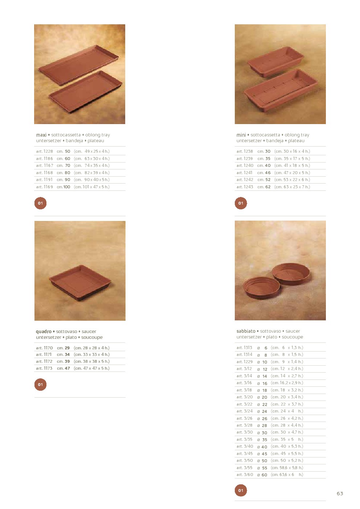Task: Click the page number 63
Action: point(340,493)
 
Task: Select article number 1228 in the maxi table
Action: point(45,151)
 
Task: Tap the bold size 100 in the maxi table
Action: point(66,187)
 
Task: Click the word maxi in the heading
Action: point(41,135)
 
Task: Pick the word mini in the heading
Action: point(241,135)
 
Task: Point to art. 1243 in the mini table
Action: point(245,187)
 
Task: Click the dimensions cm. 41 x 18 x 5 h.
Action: point(292,165)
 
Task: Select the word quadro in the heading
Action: point(44,332)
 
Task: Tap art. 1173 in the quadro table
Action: point(44,368)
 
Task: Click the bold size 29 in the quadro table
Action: point(67,348)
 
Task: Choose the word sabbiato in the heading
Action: point(246,331)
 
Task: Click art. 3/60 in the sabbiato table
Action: point(245,475)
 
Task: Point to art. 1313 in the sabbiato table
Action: point(244,348)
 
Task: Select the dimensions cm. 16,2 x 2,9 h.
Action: point(287,383)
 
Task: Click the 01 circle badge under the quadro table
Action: point(40,385)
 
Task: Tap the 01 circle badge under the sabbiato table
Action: point(241,490)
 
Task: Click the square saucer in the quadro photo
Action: point(80,283)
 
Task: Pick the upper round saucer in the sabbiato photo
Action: point(291,274)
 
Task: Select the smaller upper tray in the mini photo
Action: point(276,61)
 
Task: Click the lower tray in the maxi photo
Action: point(85,91)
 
